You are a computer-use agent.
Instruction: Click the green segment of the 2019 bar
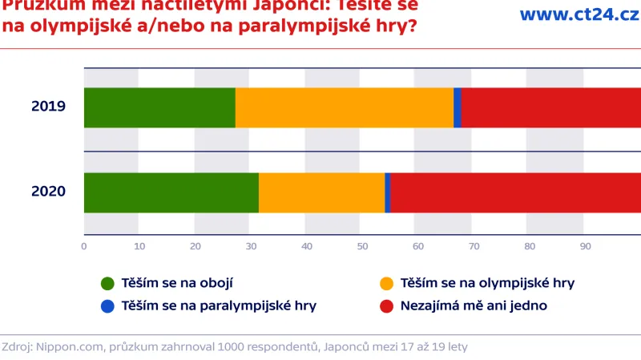pos(159,107)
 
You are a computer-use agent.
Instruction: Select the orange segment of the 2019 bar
pos(345,107)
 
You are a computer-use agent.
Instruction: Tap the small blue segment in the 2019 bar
pos(458,107)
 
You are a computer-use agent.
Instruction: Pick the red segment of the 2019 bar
pos(551,107)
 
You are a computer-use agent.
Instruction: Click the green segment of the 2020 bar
pos(171,192)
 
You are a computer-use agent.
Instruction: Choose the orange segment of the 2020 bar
pos(322,192)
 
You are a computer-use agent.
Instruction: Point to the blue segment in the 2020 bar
pos(388,192)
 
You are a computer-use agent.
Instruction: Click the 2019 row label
pos(48,107)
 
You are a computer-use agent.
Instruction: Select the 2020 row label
pos(48,192)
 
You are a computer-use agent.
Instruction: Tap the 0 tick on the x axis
pos(84,246)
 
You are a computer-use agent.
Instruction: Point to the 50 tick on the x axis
pos(362,246)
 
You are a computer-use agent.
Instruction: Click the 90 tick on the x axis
pos(585,246)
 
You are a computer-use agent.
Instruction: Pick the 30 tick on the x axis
pos(251,246)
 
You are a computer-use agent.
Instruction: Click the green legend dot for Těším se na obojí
pos(107,283)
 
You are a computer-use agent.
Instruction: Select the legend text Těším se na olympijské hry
pos(487,283)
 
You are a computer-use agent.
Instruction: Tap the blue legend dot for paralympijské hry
pos(107,305)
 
